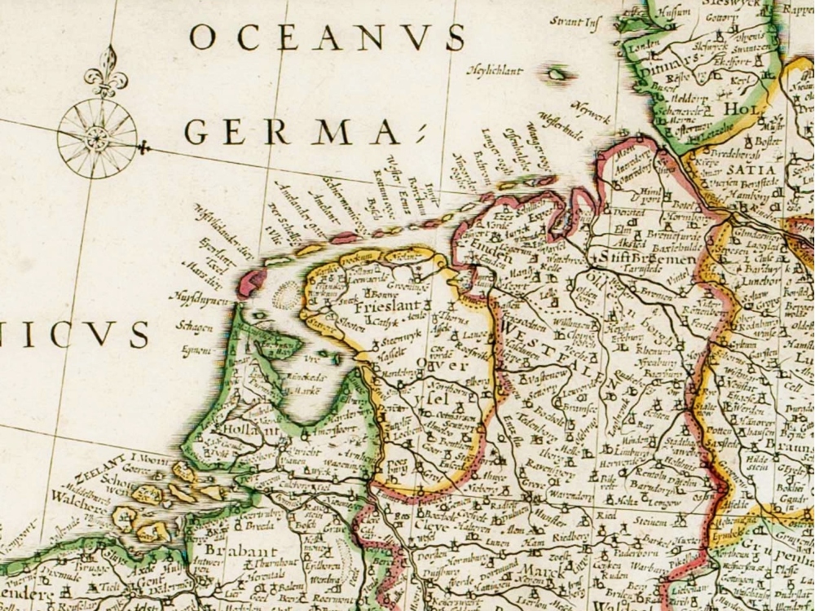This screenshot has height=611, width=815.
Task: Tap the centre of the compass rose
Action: click(x=97, y=138)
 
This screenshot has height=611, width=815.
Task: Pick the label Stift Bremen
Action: click(x=650, y=259)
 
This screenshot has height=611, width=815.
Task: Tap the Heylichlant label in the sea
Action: click(x=494, y=72)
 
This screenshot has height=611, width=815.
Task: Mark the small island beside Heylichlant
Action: click(x=557, y=74)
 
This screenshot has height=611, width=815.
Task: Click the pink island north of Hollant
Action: click(x=251, y=282)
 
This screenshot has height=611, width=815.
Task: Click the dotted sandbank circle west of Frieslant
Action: click(x=287, y=294)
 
